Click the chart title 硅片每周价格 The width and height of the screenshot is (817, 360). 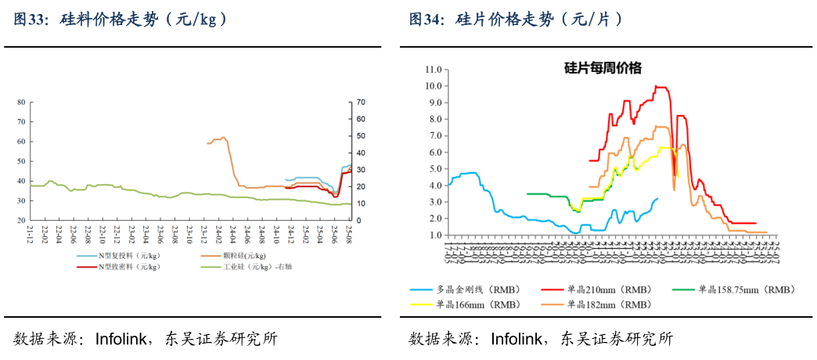pyautogui.click(x=603, y=68)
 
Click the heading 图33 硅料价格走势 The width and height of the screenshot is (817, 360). pyautogui.click(x=121, y=20)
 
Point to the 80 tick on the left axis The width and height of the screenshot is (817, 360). pyautogui.click(x=21, y=102)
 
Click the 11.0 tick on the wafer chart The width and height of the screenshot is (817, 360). pyautogui.click(x=434, y=69)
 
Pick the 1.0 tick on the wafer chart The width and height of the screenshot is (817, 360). pyautogui.click(x=434, y=235)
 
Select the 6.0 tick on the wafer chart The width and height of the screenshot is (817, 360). pyautogui.click(x=434, y=152)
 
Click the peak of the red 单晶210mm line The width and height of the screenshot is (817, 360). pyautogui.click(x=657, y=86)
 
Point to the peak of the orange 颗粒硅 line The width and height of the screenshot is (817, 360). pyautogui.click(x=223, y=138)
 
